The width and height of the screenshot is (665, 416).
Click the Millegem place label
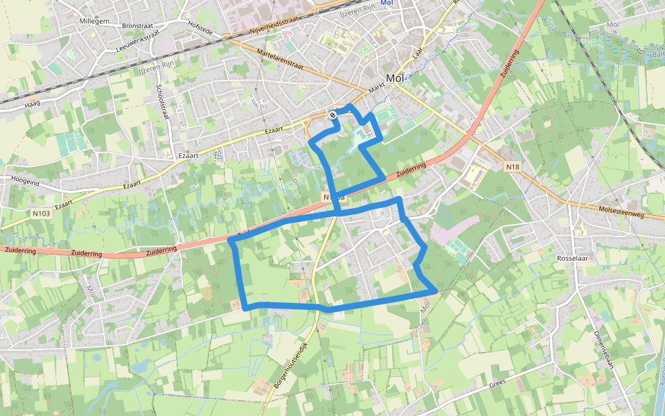[96, 21]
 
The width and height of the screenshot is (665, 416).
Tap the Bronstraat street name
[136, 26]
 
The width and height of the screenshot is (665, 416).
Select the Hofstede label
[201, 24]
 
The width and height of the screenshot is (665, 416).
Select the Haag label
[33, 104]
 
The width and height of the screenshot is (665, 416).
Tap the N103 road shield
[41, 213]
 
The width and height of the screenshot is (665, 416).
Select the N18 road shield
[513, 167]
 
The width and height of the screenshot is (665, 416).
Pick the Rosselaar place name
[572, 259]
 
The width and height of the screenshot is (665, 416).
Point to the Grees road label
[498, 383]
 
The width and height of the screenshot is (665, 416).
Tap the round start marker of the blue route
[333, 115]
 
